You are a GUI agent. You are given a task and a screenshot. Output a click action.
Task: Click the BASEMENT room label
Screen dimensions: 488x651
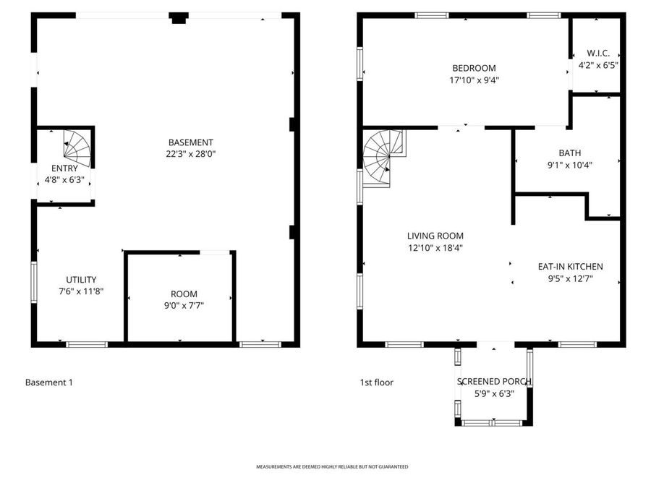point(190,142)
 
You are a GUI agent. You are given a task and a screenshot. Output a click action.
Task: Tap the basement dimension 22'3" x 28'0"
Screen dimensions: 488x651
point(190,154)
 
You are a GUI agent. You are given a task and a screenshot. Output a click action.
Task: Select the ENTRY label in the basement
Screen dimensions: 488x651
point(64,168)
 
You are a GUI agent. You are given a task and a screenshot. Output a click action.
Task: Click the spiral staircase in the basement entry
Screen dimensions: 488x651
point(77,147)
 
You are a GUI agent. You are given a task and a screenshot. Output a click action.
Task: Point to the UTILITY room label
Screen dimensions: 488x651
point(81,280)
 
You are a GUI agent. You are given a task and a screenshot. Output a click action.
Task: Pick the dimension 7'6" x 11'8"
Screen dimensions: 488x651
point(81,291)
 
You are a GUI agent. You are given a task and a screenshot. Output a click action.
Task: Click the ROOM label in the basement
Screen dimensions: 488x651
point(184,294)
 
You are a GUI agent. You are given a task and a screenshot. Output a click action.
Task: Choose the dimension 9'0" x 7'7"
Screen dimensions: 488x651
point(184,306)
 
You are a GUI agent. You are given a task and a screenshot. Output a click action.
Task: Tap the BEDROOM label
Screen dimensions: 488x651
point(474,69)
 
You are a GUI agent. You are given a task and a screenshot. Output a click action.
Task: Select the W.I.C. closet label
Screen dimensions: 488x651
point(597,53)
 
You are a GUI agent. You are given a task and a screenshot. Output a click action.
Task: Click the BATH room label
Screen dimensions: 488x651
point(569,153)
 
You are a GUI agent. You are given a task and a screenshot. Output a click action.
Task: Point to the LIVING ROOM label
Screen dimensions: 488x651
point(435,236)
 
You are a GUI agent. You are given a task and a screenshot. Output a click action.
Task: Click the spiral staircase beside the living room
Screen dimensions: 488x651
point(383,156)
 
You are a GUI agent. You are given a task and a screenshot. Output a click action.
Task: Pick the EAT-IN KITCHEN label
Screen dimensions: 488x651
point(570,266)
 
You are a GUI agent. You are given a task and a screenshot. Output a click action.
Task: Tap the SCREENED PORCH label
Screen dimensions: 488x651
point(494,382)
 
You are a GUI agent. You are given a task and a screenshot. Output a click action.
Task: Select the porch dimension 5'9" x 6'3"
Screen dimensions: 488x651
point(494,394)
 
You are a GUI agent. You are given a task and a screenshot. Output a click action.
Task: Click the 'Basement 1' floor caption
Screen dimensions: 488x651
point(48,382)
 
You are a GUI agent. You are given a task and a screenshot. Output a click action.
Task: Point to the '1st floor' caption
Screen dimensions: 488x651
point(377,382)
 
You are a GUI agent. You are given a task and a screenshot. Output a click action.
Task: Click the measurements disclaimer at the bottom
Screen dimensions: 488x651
point(332,467)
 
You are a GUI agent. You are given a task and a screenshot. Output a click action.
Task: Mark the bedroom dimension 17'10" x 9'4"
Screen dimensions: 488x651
point(474,80)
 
